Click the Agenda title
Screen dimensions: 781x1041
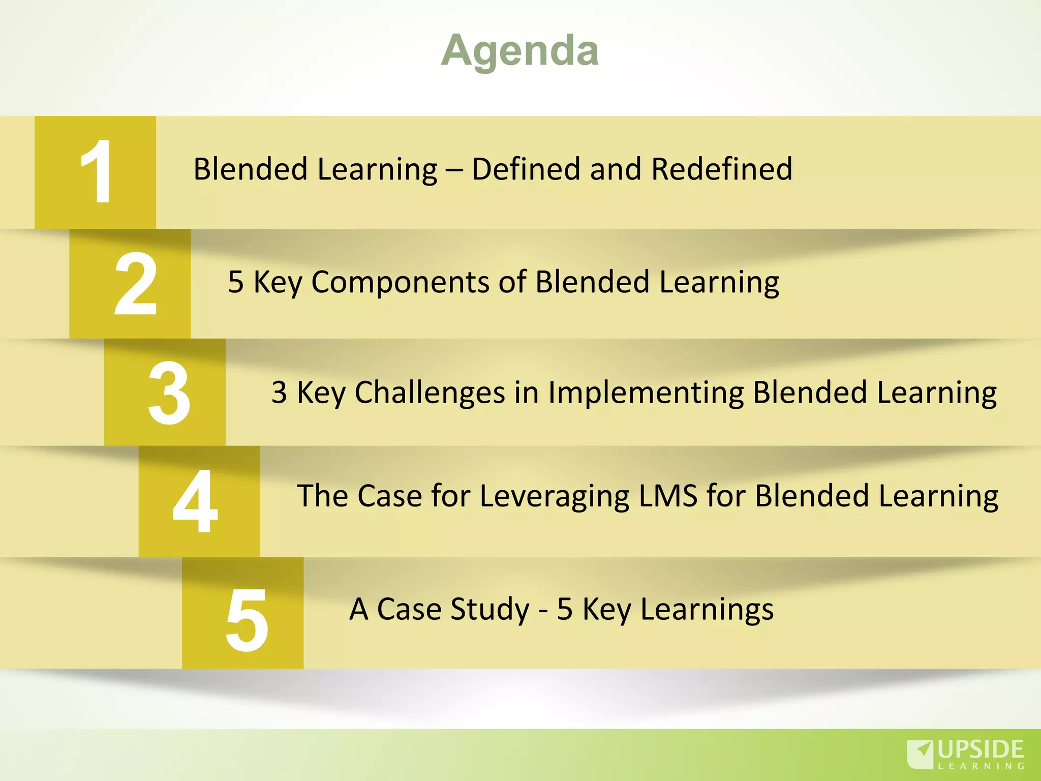(520, 51)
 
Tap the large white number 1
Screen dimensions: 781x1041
(97, 172)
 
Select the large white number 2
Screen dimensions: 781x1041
(135, 284)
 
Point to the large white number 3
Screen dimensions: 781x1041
(169, 393)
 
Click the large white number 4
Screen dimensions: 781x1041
(195, 501)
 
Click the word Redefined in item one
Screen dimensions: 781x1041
(722, 169)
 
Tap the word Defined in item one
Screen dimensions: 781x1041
(525, 169)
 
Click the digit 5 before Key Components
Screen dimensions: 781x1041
(236, 282)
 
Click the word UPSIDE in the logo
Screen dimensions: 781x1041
(981, 749)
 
